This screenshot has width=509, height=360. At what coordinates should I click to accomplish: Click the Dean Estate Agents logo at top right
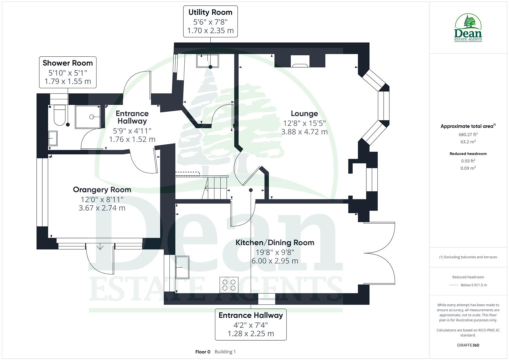coord(468,28)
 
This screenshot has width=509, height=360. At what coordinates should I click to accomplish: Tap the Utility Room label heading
coord(210,13)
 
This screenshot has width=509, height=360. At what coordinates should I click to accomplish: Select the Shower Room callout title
coord(68,63)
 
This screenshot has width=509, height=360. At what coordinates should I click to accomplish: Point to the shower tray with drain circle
coord(87,117)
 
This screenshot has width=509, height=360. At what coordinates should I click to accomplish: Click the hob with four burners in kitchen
coord(229,285)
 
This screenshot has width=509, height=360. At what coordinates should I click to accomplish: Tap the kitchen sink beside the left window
coord(182,267)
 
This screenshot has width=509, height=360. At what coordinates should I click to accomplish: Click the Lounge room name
coord(304,114)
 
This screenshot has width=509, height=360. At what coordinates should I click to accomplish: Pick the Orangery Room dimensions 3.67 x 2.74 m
coord(102,208)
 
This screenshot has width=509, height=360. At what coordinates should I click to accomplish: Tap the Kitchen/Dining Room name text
coord(275,243)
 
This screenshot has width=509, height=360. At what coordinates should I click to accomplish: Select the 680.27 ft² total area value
coord(468,135)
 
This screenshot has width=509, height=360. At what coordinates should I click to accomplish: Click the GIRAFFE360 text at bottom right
coord(468,345)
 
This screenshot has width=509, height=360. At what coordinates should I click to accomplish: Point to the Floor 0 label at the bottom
coord(203,352)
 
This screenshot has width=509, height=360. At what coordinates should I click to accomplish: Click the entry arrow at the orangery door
coord(100,247)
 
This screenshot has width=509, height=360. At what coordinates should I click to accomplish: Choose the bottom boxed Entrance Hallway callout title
coord(251,315)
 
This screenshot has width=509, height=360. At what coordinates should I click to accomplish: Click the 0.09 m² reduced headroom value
coord(468,168)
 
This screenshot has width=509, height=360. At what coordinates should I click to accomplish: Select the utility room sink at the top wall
coord(207,61)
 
